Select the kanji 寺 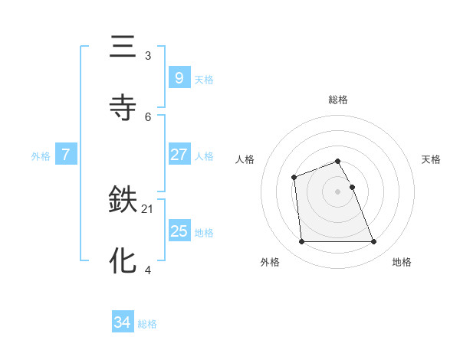pos(123,106)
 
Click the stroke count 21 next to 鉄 pos(148,208)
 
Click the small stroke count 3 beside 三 pos(148,55)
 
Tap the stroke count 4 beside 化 pos(148,269)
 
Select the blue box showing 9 pos(179,78)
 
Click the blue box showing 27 pos(179,155)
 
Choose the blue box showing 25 pos(179,231)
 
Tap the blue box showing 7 pos(66,155)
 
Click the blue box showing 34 pos(122,323)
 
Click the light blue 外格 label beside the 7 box pos(41,156)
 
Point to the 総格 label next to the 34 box pos(148,324)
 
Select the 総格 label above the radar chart pos(338,100)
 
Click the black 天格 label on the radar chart pos(432,159)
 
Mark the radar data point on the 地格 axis pos(374,242)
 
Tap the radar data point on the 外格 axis pos(301,242)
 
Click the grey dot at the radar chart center pos(338,191)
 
